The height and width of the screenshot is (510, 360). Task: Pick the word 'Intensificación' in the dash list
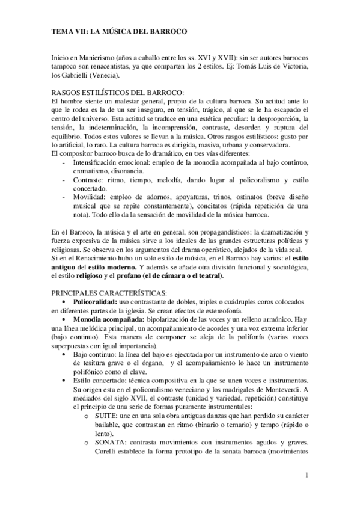97,162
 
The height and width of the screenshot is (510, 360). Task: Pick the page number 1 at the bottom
307,476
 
